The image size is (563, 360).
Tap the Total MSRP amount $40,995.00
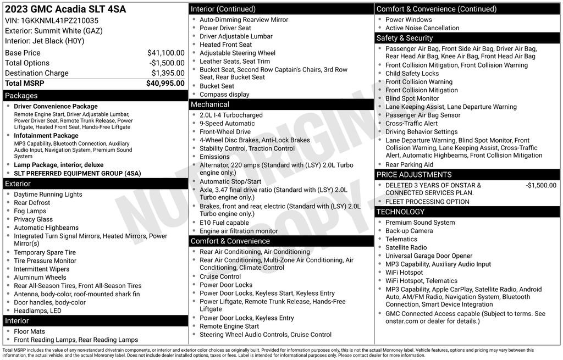pyautogui.click(x=165, y=83)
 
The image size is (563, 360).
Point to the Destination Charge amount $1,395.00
pyautogui.click(x=168, y=73)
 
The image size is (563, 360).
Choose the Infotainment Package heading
pyautogui.click(x=46, y=135)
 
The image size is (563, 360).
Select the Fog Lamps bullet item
pyautogui.click(x=30, y=211)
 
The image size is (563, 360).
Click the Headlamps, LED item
pyautogui.click(x=38, y=311)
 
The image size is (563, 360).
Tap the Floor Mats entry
pyautogui.click(x=30, y=331)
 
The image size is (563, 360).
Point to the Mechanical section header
pyautogui.click(x=210, y=104)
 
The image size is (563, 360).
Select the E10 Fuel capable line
pyautogui.click(x=224, y=223)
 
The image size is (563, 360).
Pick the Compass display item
pyautogui.click(x=224, y=95)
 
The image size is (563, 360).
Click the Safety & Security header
pyautogui.click(x=405, y=38)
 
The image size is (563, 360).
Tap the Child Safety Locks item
pyautogui.click(x=412, y=74)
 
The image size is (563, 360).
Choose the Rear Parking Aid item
pyautogui.click(x=409, y=164)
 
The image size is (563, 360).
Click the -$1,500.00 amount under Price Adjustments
pyautogui.click(x=540, y=185)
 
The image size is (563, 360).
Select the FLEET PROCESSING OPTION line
pyautogui.click(x=427, y=202)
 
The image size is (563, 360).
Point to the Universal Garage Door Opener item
pyautogui.click(x=429, y=256)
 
